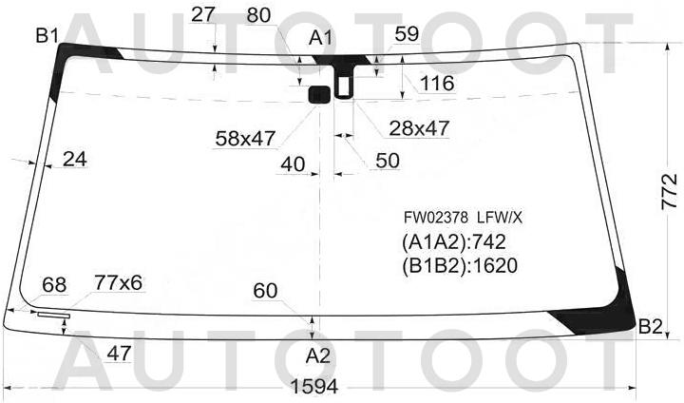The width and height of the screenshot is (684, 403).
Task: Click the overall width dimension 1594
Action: coord(314,386)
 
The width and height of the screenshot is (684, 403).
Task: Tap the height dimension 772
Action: coord(670,192)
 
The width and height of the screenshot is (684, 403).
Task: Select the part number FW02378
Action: coord(436,217)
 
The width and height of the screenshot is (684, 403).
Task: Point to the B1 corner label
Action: coord(47,35)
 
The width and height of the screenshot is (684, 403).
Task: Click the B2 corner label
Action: coord(651,326)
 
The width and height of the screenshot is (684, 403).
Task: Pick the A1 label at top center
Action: coord(321,38)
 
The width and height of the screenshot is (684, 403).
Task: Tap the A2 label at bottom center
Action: coord(318,356)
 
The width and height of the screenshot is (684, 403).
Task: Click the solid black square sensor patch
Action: coord(319,94)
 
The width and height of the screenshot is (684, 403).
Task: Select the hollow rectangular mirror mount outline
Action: coord(344,87)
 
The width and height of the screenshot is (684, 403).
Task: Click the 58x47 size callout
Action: coord(245,139)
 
